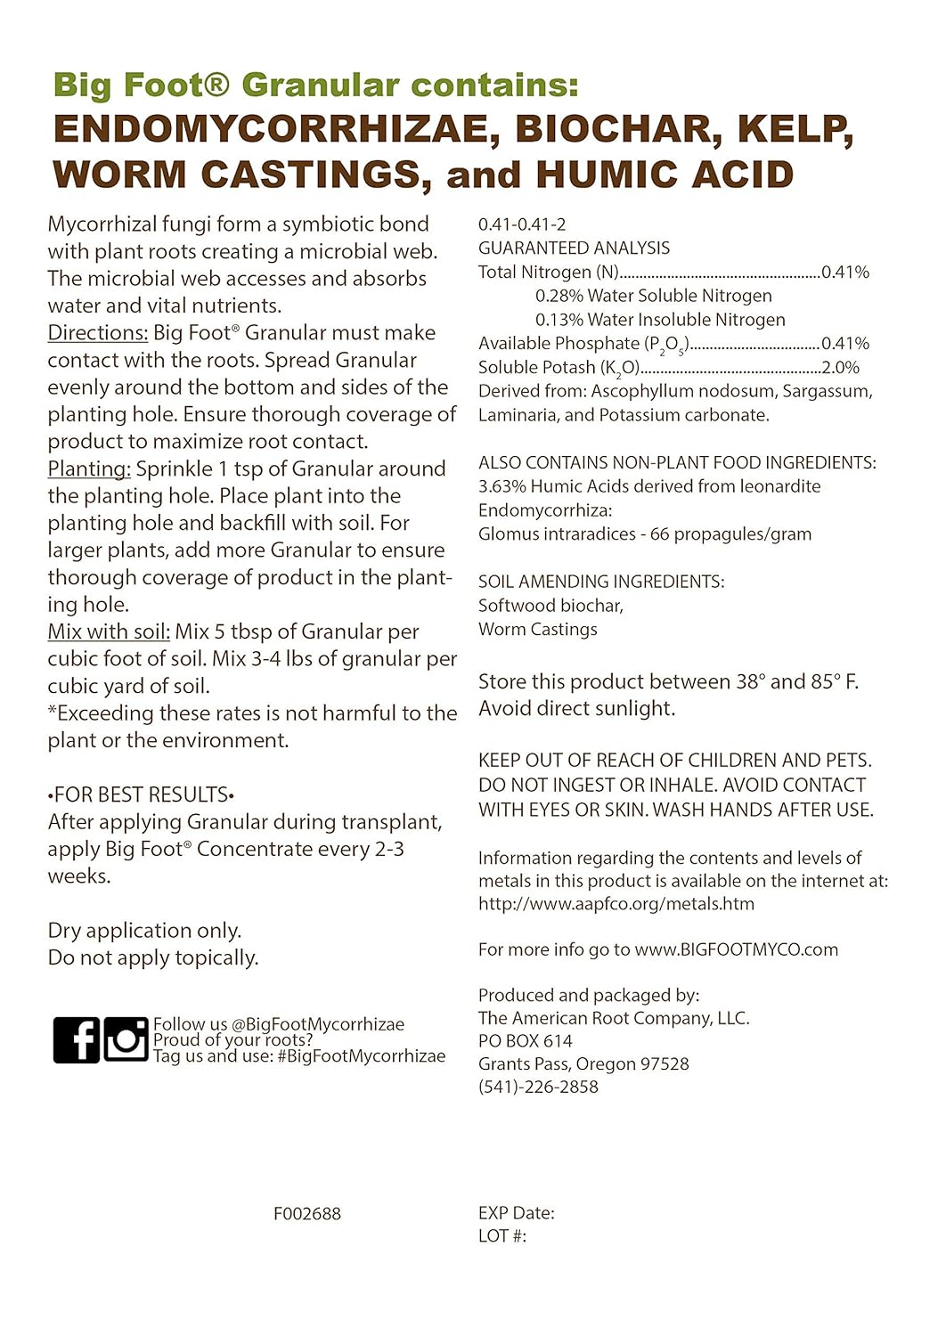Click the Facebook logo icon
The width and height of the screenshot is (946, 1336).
[x=76, y=1039]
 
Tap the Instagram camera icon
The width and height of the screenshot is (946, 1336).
[x=126, y=1039]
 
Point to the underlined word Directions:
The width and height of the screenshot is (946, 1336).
[x=98, y=333]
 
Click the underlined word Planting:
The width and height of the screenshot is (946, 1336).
[x=89, y=469]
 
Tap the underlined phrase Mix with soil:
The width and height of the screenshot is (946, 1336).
[x=109, y=632]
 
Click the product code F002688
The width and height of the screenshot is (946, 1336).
[x=307, y=1214]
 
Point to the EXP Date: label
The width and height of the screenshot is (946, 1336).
[x=517, y=1213]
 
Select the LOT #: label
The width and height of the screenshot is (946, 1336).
[x=502, y=1236]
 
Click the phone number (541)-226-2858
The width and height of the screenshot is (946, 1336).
[x=538, y=1088]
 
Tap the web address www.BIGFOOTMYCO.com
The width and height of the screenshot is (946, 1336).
[x=736, y=949]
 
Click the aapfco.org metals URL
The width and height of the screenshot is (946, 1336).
[x=616, y=904]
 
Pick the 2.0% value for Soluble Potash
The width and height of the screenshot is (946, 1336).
[x=841, y=368]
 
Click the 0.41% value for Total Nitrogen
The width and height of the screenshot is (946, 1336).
[x=845, y=273]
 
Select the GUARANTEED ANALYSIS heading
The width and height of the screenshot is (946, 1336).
[x=574, y=248]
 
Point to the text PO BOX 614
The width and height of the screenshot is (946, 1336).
[x=526, y=1041]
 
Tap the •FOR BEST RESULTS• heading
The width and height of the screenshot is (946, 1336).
[x=141, y=795]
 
